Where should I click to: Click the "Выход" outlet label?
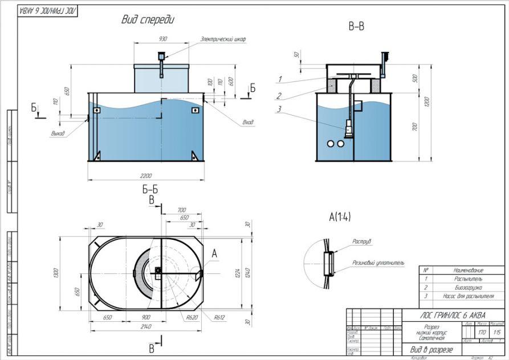point(57,134)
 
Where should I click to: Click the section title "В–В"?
point(356,27)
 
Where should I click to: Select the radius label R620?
point(192,317)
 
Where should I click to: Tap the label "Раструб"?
point(361,242)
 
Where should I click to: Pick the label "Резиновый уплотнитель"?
point(378,263)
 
